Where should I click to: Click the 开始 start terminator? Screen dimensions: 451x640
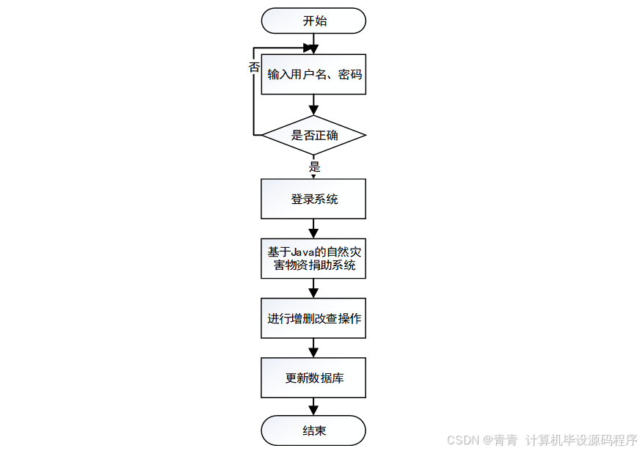[314, 21]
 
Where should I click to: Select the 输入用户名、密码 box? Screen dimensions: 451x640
[314, 75]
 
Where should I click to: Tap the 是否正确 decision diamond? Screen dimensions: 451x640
[314, 135]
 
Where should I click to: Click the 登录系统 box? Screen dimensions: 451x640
[314, 199]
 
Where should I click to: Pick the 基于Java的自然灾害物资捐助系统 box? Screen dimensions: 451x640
[314, 258]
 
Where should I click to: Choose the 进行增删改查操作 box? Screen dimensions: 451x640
[314, 318]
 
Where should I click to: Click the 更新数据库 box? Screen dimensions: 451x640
[314, 378]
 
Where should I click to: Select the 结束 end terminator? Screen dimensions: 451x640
[314, 430]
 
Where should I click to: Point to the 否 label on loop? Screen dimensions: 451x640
[254, 67]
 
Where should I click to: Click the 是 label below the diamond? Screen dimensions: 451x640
[315, 166]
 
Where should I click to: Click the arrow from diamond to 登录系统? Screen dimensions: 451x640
[314, 172]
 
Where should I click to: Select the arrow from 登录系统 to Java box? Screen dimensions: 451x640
[314, 229]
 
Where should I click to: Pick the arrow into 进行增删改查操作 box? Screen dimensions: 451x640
[314, 289]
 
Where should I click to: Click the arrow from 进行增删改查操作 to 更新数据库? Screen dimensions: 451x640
[314, 348]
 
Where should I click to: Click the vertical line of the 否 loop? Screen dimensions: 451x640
[253, 103]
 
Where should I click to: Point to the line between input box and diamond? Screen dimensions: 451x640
[314, 106]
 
